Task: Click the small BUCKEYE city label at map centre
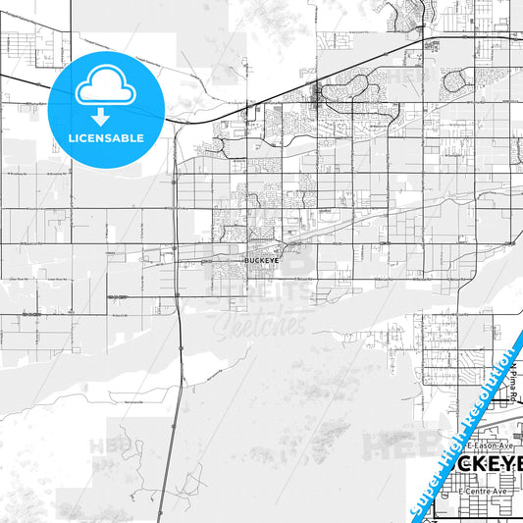point(260,262)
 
